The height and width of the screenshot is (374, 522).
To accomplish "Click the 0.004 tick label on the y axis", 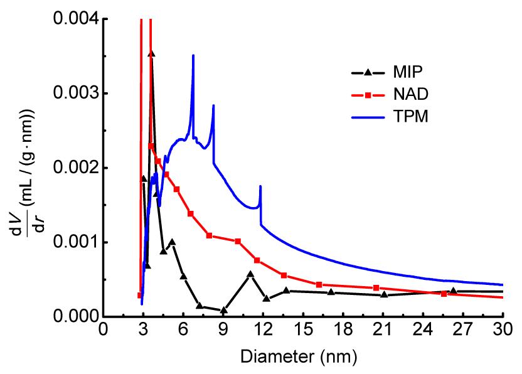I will pos(73,19).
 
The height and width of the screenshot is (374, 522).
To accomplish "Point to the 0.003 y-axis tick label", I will pos(73,93).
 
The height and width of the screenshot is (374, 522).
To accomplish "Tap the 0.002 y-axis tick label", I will pos(73,168).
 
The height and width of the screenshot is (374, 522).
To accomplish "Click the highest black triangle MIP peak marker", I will pos(151,54).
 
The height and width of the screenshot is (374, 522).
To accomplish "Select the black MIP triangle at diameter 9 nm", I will pos(223,309).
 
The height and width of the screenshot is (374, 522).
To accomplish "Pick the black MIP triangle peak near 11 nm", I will pos(250,274).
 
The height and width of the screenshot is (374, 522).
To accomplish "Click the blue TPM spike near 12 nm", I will pos(260,186).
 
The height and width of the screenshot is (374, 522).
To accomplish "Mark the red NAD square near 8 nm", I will pos(210,235).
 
